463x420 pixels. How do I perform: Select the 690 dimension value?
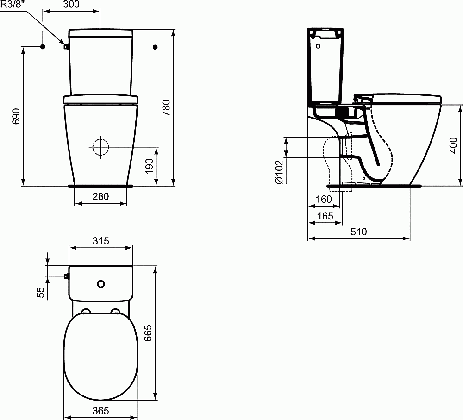[x=16, y=116]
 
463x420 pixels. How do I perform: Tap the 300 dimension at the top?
[x=71, y=5]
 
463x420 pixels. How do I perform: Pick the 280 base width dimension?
[x=100, y=196]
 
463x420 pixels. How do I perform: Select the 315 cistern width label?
[x=100, y=241]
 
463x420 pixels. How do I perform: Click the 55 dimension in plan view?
[x=40, y=292]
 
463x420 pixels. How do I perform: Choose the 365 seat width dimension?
[x=100, y=411]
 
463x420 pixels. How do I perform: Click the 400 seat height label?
[x=454, y=145]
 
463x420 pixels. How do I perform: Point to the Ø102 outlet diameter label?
[x=279, y=172]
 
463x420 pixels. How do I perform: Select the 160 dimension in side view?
[x=324, y=199]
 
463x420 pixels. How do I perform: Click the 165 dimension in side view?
[x=325, y=216]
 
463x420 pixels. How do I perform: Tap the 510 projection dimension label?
[x=358, y=232]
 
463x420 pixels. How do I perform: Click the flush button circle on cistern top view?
[x=100, y=283]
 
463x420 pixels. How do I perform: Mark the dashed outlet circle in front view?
[x=100, y=147]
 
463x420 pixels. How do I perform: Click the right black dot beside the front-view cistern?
[x=155, y=47]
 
